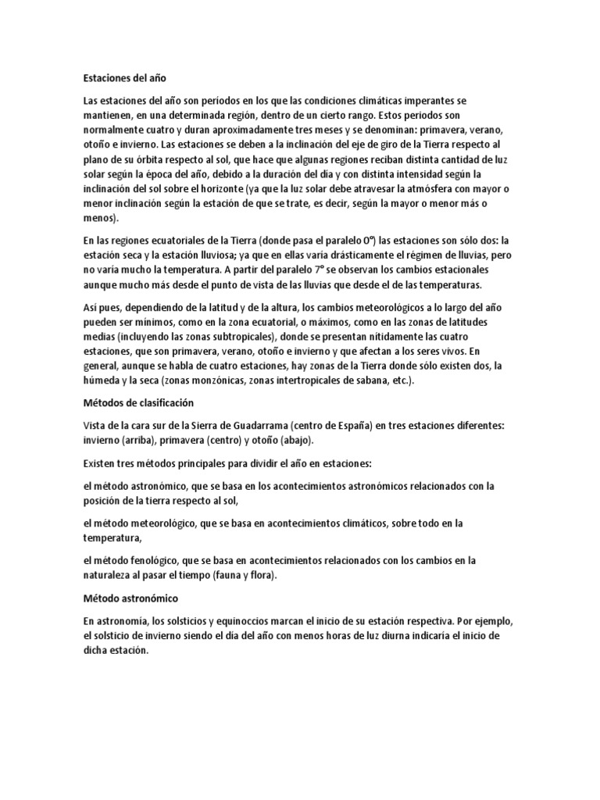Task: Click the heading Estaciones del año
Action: coord(124,78)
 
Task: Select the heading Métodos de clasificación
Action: coord(137,403)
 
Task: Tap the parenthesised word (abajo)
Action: coord(271,441)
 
